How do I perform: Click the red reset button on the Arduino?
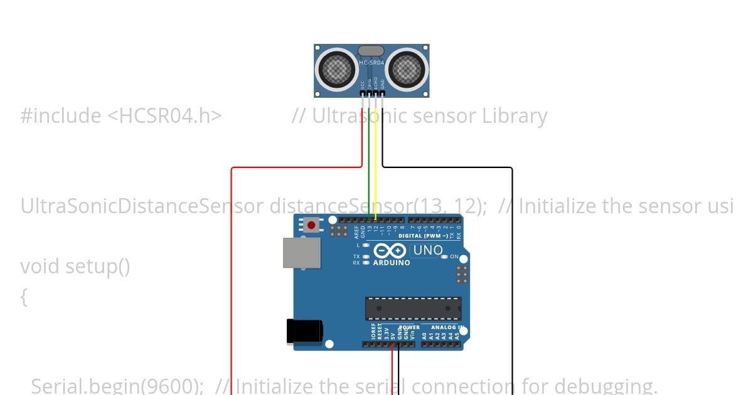pos(311,224)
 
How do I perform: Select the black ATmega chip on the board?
pos(413,308)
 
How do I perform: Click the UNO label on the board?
pos(428,250)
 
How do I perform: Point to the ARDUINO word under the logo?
pos(391,263)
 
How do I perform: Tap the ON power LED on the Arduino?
pos(444,256)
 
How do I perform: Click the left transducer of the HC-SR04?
pos(338,68)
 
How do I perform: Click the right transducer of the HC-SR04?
pos(407,68)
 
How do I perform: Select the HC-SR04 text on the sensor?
pos(371,63)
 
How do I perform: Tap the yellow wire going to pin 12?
pos(375,157)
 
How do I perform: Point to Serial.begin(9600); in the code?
pos(117,386)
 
